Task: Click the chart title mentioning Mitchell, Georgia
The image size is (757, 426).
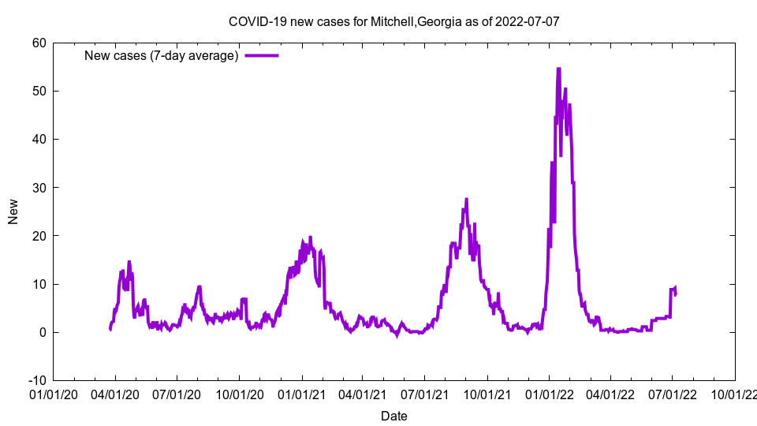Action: [x=393, y=21]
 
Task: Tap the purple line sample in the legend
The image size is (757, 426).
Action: [x=262, y=55]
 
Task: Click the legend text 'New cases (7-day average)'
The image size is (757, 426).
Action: [x=161, y=56]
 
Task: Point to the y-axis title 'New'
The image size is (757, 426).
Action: [x=13, y=211]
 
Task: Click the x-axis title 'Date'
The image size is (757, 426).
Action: [x=393, y=416]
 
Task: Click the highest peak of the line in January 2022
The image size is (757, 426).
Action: [x=558, y=69]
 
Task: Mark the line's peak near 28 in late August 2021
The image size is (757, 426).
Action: [x=466, y=199]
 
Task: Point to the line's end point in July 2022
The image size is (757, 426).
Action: [x=676, y=293]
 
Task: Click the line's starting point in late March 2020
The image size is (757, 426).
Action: [x=110, y=329]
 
